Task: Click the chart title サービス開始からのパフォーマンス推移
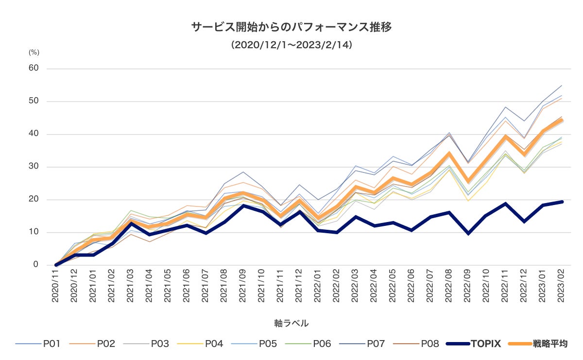(291, 27)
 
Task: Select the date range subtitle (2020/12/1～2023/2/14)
(291, 45)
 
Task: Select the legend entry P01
(51, 344)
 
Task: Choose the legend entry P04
(214, 344)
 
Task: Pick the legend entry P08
(429, 344)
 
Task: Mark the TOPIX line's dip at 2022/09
(468, 233)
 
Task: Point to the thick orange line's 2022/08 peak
(450, 154)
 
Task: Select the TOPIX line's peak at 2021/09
(243, 206)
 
